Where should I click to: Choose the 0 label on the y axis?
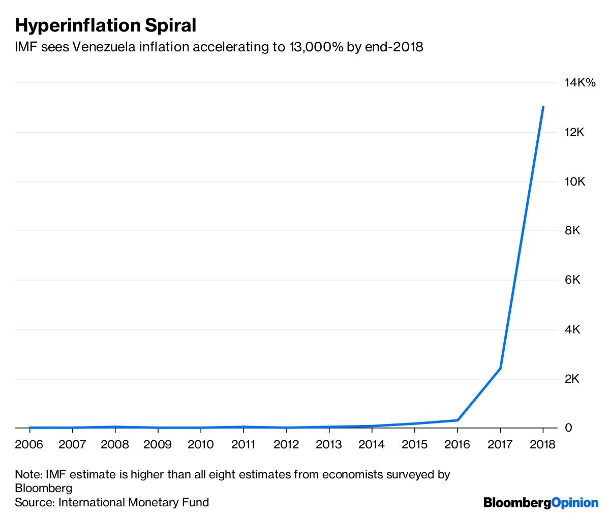[x=568, y=428]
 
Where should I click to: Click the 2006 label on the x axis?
[x=29, y=445]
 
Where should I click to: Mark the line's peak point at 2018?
[x=543, y=107]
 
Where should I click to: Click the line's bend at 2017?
[x=500, y=368]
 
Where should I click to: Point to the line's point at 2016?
[x=457, y=420]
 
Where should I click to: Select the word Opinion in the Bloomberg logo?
[x=575, y=502]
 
